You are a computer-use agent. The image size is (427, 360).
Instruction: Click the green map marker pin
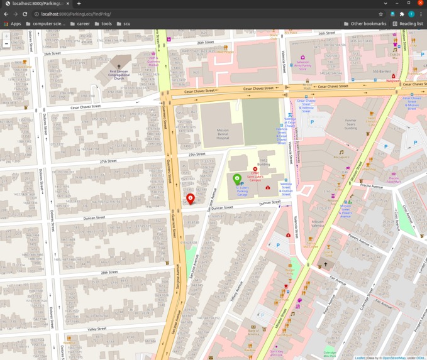237,180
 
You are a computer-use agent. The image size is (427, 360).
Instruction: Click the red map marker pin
191,199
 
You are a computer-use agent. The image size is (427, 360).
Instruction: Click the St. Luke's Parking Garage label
242,191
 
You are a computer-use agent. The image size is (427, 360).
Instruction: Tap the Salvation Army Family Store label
302,65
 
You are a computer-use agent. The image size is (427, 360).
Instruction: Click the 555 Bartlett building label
382,71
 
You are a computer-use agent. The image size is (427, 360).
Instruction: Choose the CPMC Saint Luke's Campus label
255,178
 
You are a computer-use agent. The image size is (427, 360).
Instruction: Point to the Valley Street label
97,329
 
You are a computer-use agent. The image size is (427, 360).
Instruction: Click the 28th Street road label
109,273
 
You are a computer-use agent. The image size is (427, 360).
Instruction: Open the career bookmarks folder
80,24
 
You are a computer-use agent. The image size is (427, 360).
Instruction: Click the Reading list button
408,24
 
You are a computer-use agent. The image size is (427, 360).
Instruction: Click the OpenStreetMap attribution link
394,357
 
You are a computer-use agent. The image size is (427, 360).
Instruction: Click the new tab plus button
79,4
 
